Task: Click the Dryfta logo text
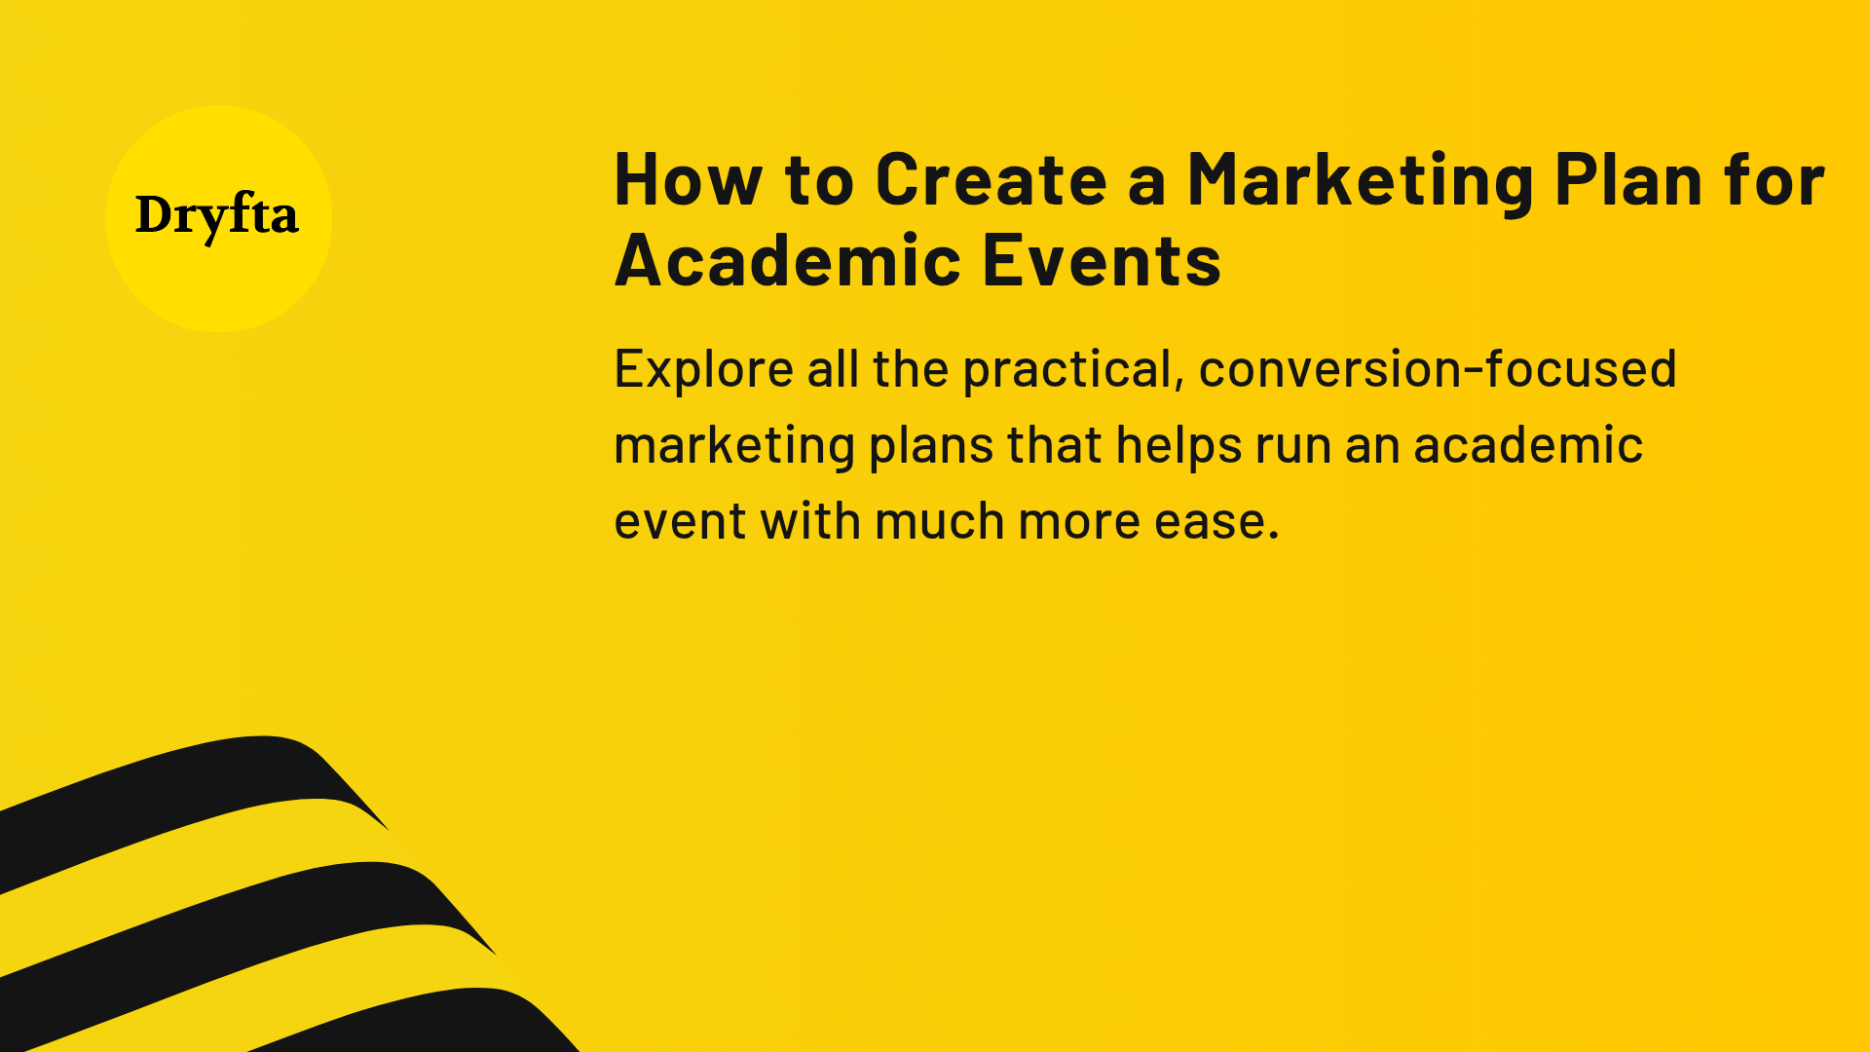216,216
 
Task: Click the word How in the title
688,180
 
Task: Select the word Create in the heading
991,180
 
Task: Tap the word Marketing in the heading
1361,182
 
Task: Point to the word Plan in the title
1627,180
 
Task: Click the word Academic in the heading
788,261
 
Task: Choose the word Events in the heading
1102,261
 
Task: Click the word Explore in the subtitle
703,370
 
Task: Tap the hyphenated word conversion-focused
1437,370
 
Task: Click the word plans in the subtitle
930,447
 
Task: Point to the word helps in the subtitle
1178,447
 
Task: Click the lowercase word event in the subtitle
680,522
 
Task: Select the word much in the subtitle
939,522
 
